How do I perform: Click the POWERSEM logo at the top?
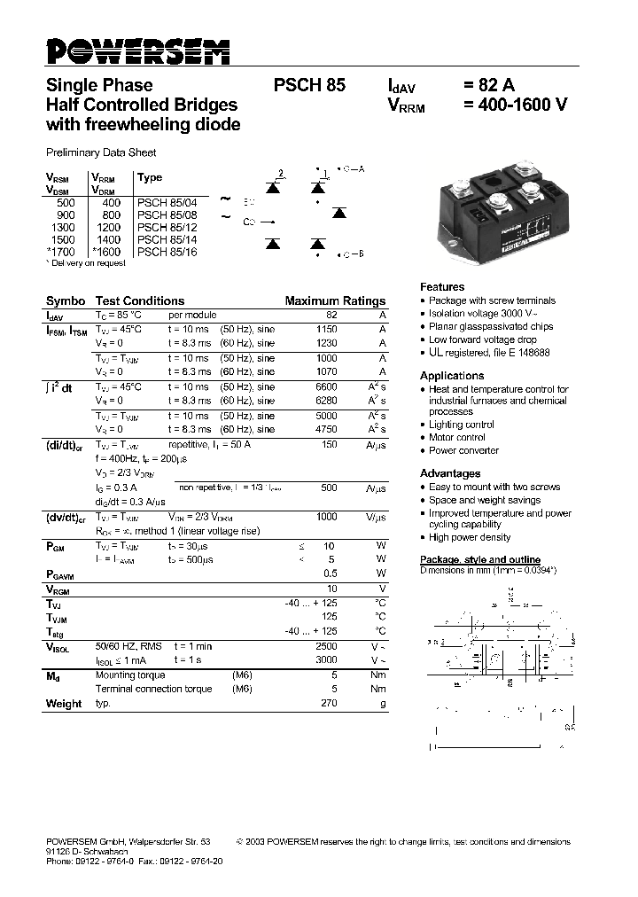coord(137,51)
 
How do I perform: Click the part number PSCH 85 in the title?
coord(309,86)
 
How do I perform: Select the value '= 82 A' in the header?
coord(488,86)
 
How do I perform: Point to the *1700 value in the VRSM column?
coord(61,252)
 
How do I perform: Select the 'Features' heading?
coord(442,287)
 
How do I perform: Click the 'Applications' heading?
coord(452,376)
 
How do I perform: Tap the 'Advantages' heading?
coord(450,473)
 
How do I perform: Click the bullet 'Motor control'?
coord(456,437)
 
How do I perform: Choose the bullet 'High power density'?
coord(470,537)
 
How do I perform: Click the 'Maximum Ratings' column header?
coord(335,301)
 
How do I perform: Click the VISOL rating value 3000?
coord(326,660)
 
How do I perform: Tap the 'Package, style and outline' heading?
coord(479,559)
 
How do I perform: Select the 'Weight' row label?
coord(63,704)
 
